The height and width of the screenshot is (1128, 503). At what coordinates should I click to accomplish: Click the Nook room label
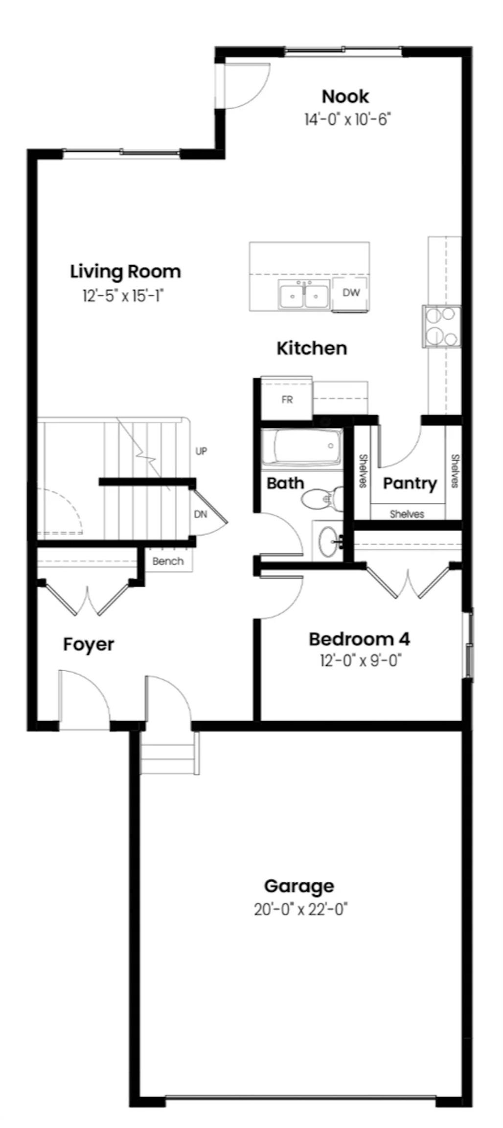pyautogui.click(x=345, y=96)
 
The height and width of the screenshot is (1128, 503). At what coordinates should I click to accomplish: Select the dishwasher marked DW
pyautogui.click(x=351, y=293)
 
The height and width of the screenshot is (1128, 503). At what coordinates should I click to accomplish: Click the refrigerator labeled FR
pyautogui.click(x=287, y=399)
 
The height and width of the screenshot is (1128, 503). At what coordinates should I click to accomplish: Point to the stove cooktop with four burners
pyautogui.click(x=442, y=326)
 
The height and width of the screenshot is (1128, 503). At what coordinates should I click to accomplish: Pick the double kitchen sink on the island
pyautogui.click(x=303, y=295)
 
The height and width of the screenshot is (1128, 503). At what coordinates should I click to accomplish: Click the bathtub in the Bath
pyautogui.click(x=301, y=447)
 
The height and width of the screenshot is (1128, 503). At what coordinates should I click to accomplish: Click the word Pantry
pyautogui.click(x=410, y=484)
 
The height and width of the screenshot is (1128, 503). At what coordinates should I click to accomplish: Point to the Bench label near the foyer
pyautogui.click(x=168, y=561)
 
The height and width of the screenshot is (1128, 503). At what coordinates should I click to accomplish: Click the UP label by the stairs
pyautogui.click(x=201, y=451)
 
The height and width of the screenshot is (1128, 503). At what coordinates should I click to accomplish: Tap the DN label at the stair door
pyautogui.click(x=201, y=514)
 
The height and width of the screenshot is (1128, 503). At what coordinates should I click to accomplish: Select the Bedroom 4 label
pyautogui.click(x=359, y=639)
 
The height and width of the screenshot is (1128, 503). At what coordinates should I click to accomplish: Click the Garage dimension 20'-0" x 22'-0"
pyautogui.click(x=300, y=910)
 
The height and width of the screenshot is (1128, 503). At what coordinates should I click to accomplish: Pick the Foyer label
pyautogui.click(x=89, y=644)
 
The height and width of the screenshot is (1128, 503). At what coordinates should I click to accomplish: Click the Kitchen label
pyautogui.click(x=312, y=349)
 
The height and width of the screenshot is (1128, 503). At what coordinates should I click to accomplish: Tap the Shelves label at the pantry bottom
pyautogui.click(x=407, y=514)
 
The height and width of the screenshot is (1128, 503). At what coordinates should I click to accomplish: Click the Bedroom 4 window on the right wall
pyautogui.click(x=470, y=644)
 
